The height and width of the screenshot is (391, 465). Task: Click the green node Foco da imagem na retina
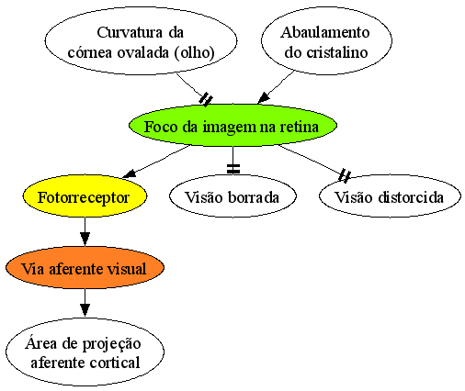232,126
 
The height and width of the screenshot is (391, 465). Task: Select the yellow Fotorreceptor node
85,196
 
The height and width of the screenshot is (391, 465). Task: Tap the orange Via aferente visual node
85,268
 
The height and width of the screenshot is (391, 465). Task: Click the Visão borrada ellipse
232,196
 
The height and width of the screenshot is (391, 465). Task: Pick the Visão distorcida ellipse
390,196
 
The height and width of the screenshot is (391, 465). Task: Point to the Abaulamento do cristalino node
326,40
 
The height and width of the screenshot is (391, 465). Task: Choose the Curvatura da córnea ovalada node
141,40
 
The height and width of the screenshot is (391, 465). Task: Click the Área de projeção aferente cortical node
85,352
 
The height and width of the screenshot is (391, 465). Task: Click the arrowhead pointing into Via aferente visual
85,239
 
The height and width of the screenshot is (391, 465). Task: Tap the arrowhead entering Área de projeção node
85,310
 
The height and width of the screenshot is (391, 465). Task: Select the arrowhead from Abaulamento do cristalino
264,98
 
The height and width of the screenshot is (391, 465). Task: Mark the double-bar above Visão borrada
233,169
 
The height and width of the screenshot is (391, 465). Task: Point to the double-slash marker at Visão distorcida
345,175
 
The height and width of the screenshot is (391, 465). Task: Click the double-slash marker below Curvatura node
206,99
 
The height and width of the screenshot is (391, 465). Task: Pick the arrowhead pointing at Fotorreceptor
129,173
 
